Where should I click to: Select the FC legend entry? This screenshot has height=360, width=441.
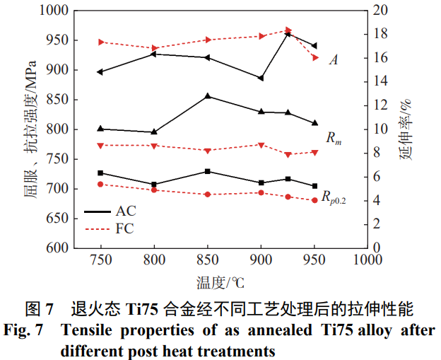124,228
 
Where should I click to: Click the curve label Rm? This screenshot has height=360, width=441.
334,137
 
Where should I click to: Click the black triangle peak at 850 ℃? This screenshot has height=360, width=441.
208,96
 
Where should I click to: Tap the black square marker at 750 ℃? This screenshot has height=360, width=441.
100,173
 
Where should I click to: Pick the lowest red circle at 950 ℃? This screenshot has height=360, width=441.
314,200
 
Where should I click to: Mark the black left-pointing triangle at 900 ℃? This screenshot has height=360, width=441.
261,78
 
